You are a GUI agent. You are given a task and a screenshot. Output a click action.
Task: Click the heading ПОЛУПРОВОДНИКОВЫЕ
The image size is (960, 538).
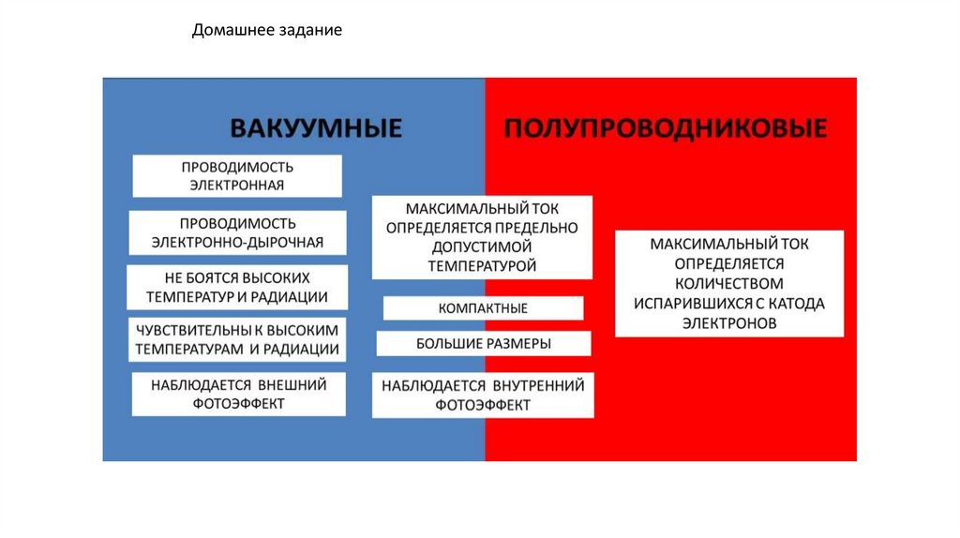click(666, 128)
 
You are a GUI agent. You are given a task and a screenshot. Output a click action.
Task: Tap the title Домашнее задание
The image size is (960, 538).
click(267, 31)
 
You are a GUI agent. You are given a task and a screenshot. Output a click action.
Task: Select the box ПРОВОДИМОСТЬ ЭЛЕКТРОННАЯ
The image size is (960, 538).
click(237, 176)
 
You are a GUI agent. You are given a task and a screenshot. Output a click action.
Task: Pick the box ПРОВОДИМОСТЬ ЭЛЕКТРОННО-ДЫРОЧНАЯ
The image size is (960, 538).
click(237, 232)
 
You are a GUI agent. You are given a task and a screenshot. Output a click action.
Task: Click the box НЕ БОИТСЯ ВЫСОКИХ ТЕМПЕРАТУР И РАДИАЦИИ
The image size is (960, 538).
click(237, 288)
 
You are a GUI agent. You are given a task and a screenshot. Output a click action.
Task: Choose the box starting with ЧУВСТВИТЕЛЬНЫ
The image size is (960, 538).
click(237, 340)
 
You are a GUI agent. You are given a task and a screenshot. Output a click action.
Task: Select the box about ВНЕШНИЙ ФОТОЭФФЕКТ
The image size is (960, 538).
click(237, 394)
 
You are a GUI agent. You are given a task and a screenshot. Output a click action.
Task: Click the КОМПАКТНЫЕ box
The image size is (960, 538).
click(483, 308)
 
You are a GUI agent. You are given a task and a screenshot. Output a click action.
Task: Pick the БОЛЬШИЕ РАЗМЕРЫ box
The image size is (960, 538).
click(483, 344)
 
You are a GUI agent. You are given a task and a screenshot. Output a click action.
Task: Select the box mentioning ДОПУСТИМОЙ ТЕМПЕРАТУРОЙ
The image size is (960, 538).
click(483, 237)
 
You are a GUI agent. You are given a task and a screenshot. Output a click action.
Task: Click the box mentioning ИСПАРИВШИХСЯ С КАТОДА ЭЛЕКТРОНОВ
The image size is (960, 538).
click(729, 283)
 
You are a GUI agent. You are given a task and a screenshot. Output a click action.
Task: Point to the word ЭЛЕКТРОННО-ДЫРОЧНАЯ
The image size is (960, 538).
click(237, 243)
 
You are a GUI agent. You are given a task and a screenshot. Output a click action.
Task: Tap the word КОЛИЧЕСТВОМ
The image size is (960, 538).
click(729, 283)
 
